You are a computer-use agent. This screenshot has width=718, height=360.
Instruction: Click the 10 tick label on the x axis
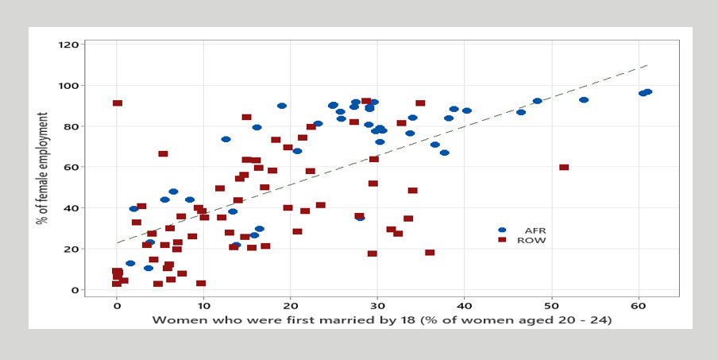click(x=203, y=306)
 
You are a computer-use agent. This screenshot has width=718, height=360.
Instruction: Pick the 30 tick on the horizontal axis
click(x=377, y=306)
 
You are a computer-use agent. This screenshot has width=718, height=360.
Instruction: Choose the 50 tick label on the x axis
click(x=551, y=306)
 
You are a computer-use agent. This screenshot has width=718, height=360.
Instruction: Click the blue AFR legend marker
click(x=502, y=230)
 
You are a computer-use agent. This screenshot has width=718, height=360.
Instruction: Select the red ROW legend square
click(x=502, y=240)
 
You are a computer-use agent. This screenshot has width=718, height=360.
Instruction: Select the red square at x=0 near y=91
click(x=118, y=103)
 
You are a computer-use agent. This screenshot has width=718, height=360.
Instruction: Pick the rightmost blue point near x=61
click(x=647, y=92)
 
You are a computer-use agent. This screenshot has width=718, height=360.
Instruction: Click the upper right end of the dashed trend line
click(x=647, y=65)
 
